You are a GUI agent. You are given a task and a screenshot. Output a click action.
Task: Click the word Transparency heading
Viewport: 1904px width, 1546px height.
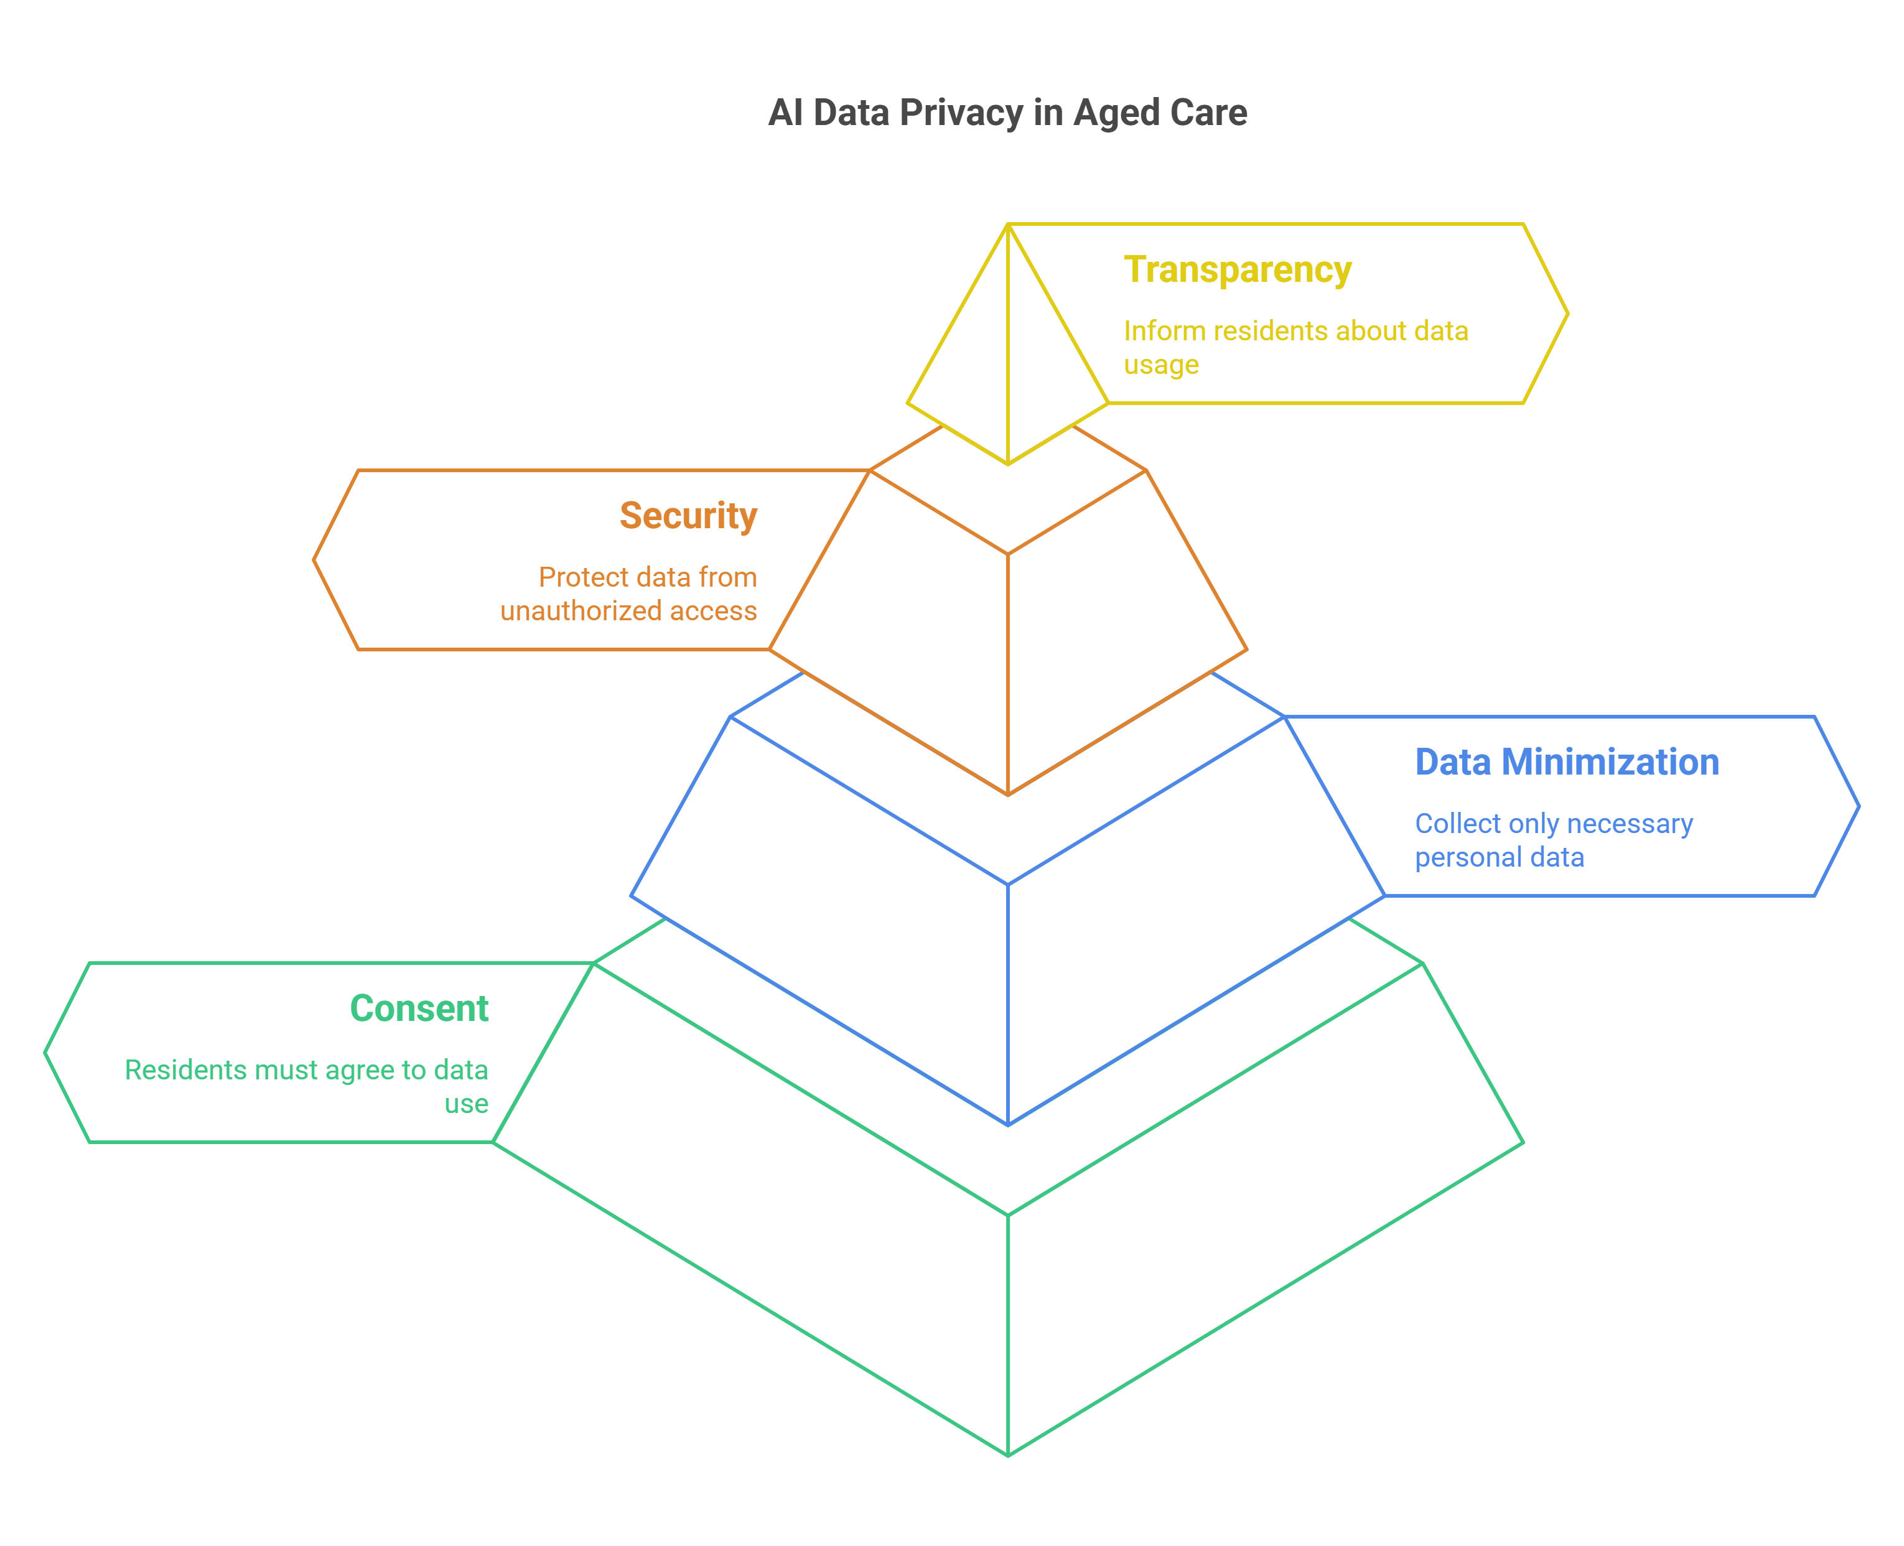point(1237,270)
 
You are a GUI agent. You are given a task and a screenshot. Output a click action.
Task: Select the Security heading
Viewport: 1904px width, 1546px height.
point(688,516)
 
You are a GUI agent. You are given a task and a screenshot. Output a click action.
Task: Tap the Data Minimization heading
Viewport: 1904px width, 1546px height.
point(1567,762)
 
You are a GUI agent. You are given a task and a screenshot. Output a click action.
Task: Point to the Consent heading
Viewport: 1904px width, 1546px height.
point(419,1008)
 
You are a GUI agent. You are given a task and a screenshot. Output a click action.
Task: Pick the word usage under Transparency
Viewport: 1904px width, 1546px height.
point(1160,365)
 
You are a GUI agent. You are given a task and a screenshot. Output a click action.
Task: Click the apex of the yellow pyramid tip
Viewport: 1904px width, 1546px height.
point(1007,225)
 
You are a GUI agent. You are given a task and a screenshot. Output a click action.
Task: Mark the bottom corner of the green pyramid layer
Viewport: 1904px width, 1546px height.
point(1007,1455)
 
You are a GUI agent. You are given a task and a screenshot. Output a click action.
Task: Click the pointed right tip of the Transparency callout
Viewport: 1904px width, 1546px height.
point(1567,314)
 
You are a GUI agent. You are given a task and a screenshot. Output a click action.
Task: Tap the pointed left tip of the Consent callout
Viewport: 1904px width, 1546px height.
point(46,1053)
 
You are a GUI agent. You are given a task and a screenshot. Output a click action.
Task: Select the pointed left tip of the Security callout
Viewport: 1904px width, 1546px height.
point(314,559)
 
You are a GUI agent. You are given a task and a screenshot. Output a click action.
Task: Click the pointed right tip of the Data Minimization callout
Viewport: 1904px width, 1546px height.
point(1859,806)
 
